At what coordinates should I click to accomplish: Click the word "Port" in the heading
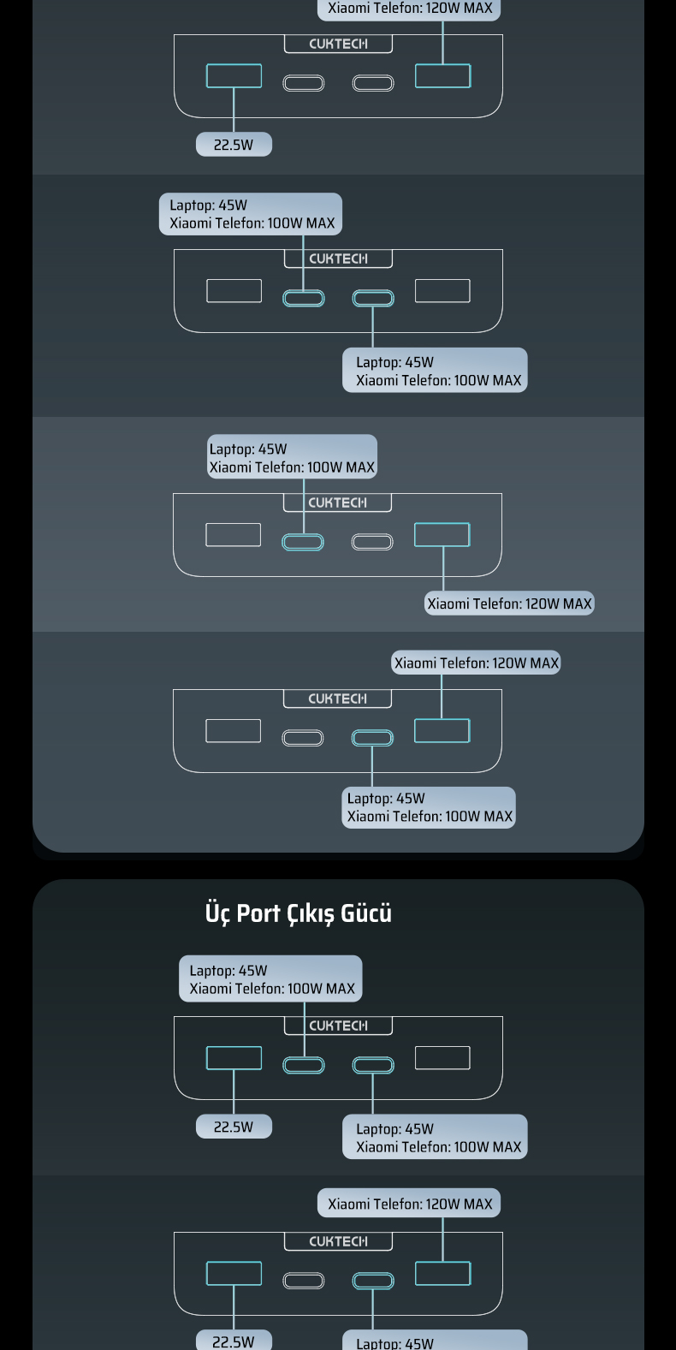pyautogui.click(x=258, y=913)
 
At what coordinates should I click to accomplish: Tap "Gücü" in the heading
pyautogui.click(x=366, y=913)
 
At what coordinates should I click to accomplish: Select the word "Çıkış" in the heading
pyautogui.click(x=311, y=914)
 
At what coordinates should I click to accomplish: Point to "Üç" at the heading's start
pyautogui.click(x=217, y=913)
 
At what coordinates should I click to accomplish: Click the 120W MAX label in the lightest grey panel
pyautogui.click(x=509, y=604)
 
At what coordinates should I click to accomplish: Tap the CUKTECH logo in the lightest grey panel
pyautogui.click(x=337, y=503)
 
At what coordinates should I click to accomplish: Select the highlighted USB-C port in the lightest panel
pyautogui.click(x=303, y=542)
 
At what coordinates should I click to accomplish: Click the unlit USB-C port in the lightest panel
pyautogui.click(x=372, y=542)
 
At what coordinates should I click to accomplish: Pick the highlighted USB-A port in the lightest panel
pyautogui.click(x=442, y=534)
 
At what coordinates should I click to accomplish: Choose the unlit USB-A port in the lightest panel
pyautogui.click(x=233, y=534)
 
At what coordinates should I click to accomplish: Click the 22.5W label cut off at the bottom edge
pyautogui.click(x=234, y=1341)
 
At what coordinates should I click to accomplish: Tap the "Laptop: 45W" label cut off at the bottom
pyautogui.click(x=435, y=1342)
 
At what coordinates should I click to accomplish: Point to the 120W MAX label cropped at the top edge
pyautogui.click(x=410, y=9)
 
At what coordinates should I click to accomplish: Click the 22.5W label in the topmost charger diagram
pyautogui.click(x=234, y=145)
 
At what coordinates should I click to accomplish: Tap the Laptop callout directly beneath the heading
pyautogui.click(x=270, y=979)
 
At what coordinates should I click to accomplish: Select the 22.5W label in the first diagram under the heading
pyautogui.click(x=234, y=1127)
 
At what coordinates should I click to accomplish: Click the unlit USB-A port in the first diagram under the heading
pyautogui.click(x=442, y=1058)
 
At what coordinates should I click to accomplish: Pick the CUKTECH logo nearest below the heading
pyautogui.click(x=338, y=1026)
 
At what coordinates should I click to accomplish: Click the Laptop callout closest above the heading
pyautogui.click(x=430, y=807)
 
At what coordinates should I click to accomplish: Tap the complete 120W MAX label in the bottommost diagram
pyautogui.click(x=410, y=1204)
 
